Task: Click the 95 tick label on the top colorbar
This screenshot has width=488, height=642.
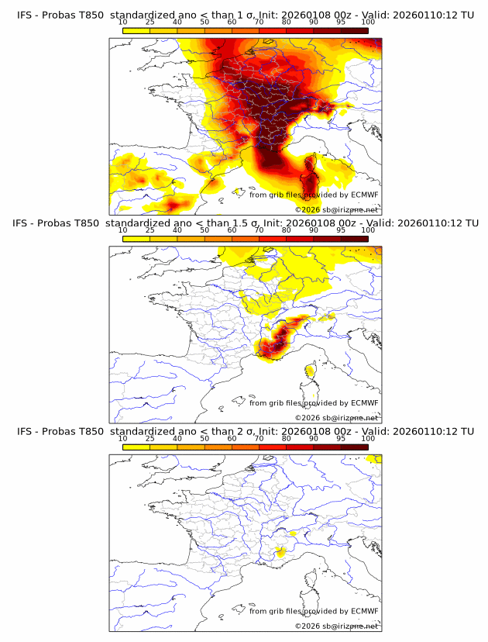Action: (x=340, y=22)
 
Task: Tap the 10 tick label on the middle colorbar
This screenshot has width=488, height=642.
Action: (x=123, y=230)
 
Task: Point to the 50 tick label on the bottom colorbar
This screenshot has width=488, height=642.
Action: (x=204, y=439)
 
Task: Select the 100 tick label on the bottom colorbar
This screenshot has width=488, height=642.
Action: (x=368, y=439)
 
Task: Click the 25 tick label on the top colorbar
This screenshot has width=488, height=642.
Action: (x=150, y=22)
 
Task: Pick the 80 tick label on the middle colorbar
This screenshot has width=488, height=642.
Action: (x=287, y=230)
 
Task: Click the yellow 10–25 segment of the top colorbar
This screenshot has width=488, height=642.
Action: (x=136, y=30)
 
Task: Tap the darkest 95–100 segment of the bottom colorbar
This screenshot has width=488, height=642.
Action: (x=354, y=447)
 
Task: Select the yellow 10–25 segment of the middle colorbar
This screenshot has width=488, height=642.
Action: (x=136, y=239)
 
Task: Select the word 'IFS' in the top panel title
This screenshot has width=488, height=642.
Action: (x=25, y=15)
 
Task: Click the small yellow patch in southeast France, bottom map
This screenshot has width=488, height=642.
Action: (x=280, y=551)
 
